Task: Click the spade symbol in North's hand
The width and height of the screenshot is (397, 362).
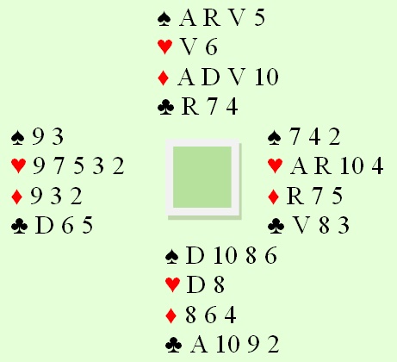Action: coord(164,18)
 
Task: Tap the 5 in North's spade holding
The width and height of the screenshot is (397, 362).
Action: coord(259,18)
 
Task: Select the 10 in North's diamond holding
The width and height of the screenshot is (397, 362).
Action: coord(266,77)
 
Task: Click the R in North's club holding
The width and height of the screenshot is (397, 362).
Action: coord(190,107)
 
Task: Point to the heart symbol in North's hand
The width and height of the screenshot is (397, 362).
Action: coord(164,47)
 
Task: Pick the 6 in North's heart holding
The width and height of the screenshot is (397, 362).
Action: coord(211,47)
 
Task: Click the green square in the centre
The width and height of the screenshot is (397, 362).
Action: coord(202,177)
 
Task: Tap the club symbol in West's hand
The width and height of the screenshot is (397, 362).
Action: coord(19,226)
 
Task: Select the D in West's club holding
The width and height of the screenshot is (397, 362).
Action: coord(44,225)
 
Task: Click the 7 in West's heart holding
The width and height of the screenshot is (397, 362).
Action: coord(59,166)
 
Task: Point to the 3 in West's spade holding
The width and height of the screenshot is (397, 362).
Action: coord(58,136)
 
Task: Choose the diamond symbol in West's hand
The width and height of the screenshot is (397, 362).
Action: coord(16,197)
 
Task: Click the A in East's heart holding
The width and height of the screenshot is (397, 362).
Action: coord(299,165)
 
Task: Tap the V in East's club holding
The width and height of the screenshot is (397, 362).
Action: coord(302,226)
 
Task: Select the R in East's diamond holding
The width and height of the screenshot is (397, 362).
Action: coord(295,196)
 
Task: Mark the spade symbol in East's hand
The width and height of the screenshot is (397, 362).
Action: coord(275,137)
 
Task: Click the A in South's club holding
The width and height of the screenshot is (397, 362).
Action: coord(199,344)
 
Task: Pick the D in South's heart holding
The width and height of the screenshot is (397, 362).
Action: coord(195,285)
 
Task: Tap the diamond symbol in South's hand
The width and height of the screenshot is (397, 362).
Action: coord(171,315)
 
